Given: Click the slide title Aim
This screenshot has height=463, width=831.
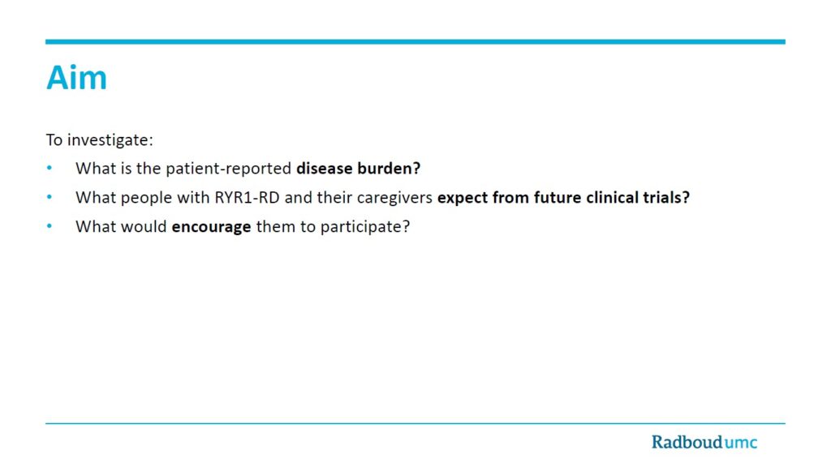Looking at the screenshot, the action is click(77, 77).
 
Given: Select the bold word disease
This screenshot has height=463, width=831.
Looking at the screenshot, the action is click(325, 168).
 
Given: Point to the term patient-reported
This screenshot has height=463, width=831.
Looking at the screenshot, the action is click(228, 169).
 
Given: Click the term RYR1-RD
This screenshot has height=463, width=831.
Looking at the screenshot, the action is click(247, 197).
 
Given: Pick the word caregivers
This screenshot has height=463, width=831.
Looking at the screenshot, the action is click(395, 198).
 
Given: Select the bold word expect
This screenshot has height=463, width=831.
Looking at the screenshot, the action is click(462, 198).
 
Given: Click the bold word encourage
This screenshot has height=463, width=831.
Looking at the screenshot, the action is click(212, 227).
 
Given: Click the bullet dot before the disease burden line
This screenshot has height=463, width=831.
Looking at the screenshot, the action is click(50, 168).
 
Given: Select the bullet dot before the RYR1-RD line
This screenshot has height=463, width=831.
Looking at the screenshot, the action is click(50, 197).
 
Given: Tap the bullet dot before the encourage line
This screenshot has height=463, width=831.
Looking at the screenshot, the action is click(50, 226).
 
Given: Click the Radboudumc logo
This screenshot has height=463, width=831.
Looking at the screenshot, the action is click(704, 442).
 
